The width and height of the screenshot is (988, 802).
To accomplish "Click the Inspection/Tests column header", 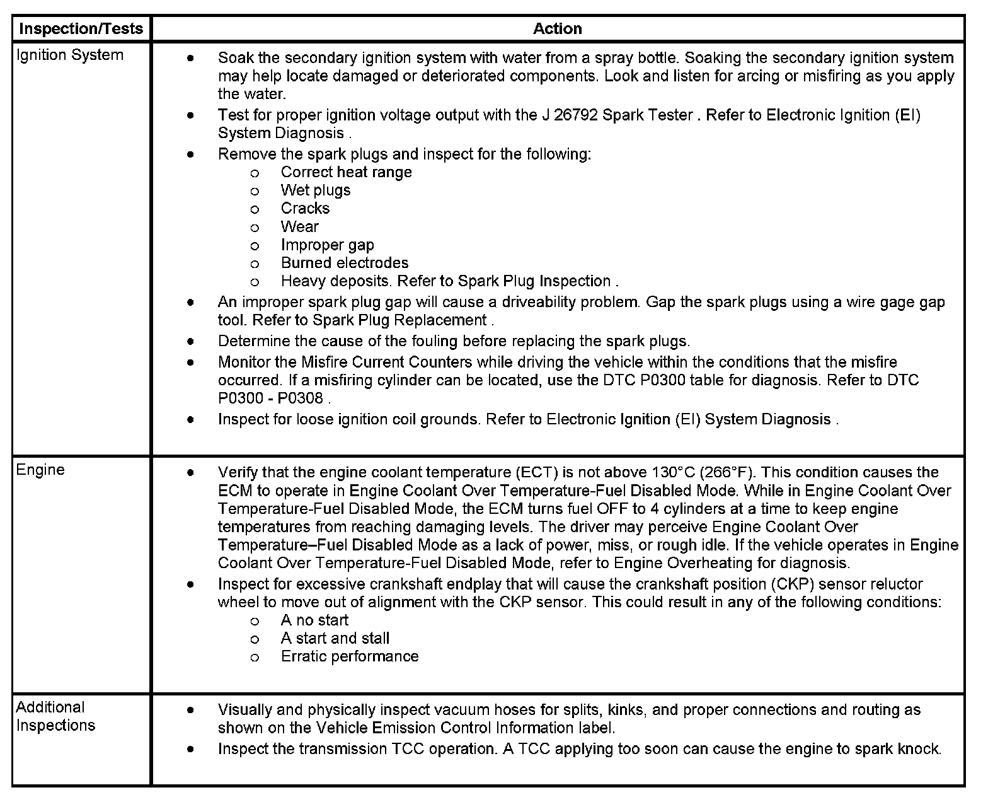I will point(81,29).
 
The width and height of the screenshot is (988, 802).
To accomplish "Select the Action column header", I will point(557,29).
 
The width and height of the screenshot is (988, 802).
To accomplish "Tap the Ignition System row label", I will point(69,55).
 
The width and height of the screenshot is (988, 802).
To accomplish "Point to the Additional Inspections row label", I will point(55,716).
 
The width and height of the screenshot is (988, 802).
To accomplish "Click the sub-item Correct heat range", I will point(346,172).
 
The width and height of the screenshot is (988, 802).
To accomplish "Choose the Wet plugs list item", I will point(315,190).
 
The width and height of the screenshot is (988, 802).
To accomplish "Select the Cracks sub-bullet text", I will point(305,209).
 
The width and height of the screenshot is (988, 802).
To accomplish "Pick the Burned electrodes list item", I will point(344,263).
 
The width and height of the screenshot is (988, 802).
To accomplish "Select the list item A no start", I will point(314,620).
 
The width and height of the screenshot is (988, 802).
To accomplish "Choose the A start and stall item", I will point(335,639).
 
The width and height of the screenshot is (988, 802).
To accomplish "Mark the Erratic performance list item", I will point(349,656).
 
